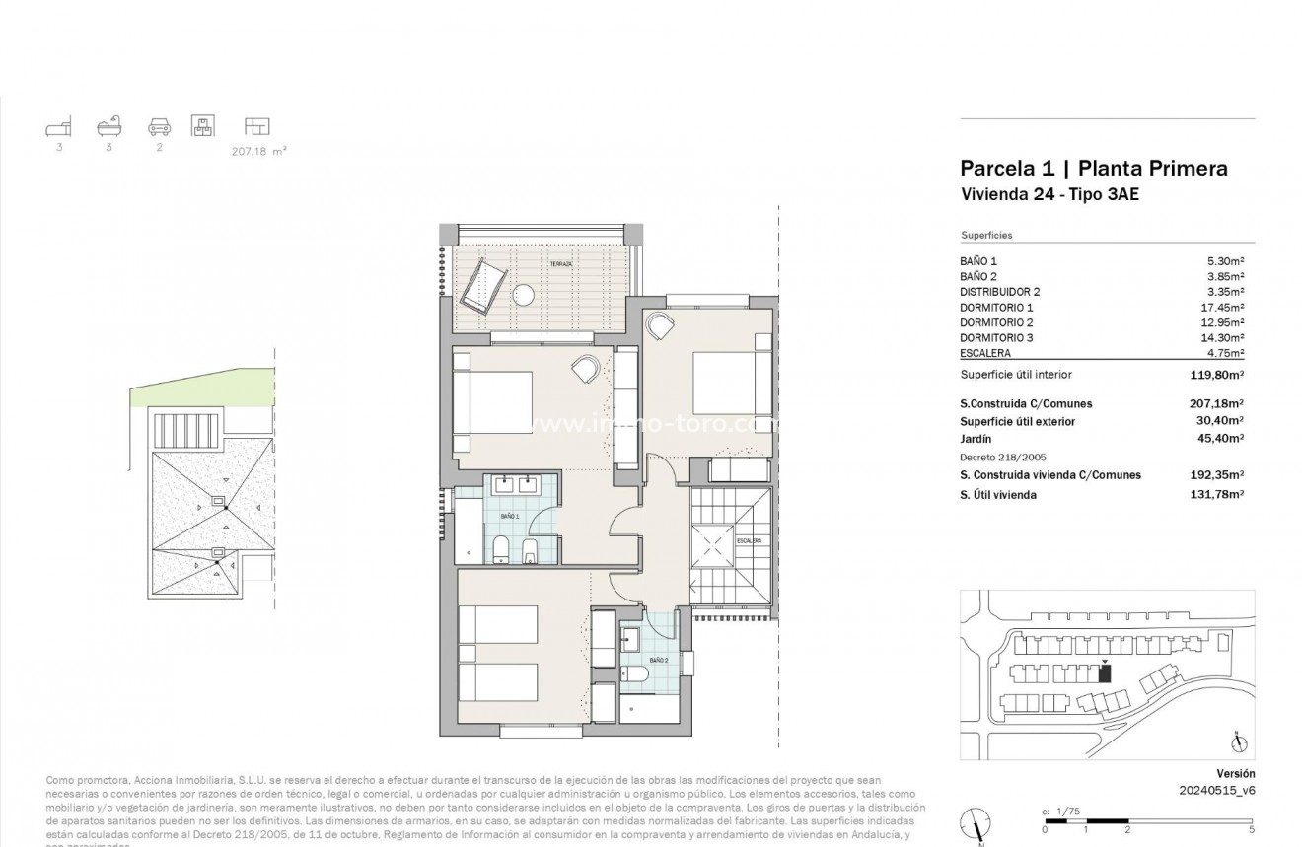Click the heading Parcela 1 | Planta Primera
pyautogui.click(x=1094, y=169)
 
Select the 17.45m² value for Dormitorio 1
pyautogui.click(x=1222, y=308)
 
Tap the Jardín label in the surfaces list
pyautogui.click(x=976, y=439)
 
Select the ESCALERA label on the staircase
pyautogui.click(x=749, y=540)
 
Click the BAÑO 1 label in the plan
pyautogui.click(x=509, y=516)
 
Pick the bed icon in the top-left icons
pyautogui.click(x=59, y=127)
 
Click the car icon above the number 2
pyautogui.click(x=160, y=127)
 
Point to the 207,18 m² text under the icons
pyautogui.click(x=251, y=152)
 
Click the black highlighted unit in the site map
pyautogui.click(x=1104, y=674)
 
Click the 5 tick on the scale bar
pyautogui.click(x=1252, y=829)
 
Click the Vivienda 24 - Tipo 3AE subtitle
pyautogui.click(x=1049, y=195)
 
